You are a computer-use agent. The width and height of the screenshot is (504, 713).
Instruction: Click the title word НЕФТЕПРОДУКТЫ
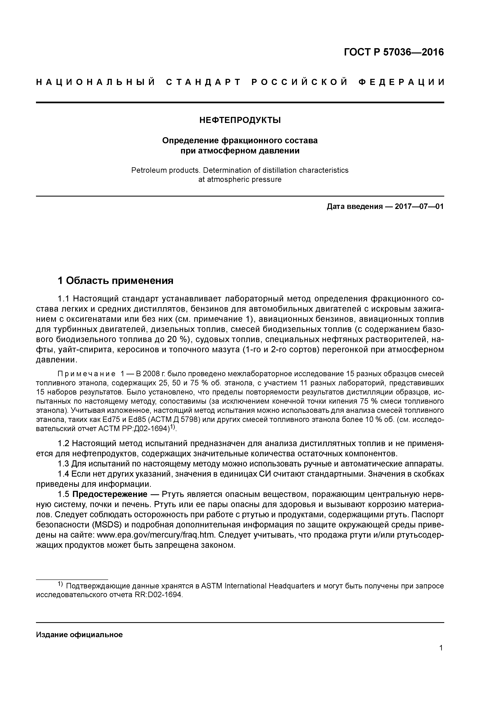pos(240,120)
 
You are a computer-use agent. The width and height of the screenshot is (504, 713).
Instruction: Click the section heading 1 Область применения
pos(115,281)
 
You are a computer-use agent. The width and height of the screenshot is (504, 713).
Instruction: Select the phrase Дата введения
pos(354,207)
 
